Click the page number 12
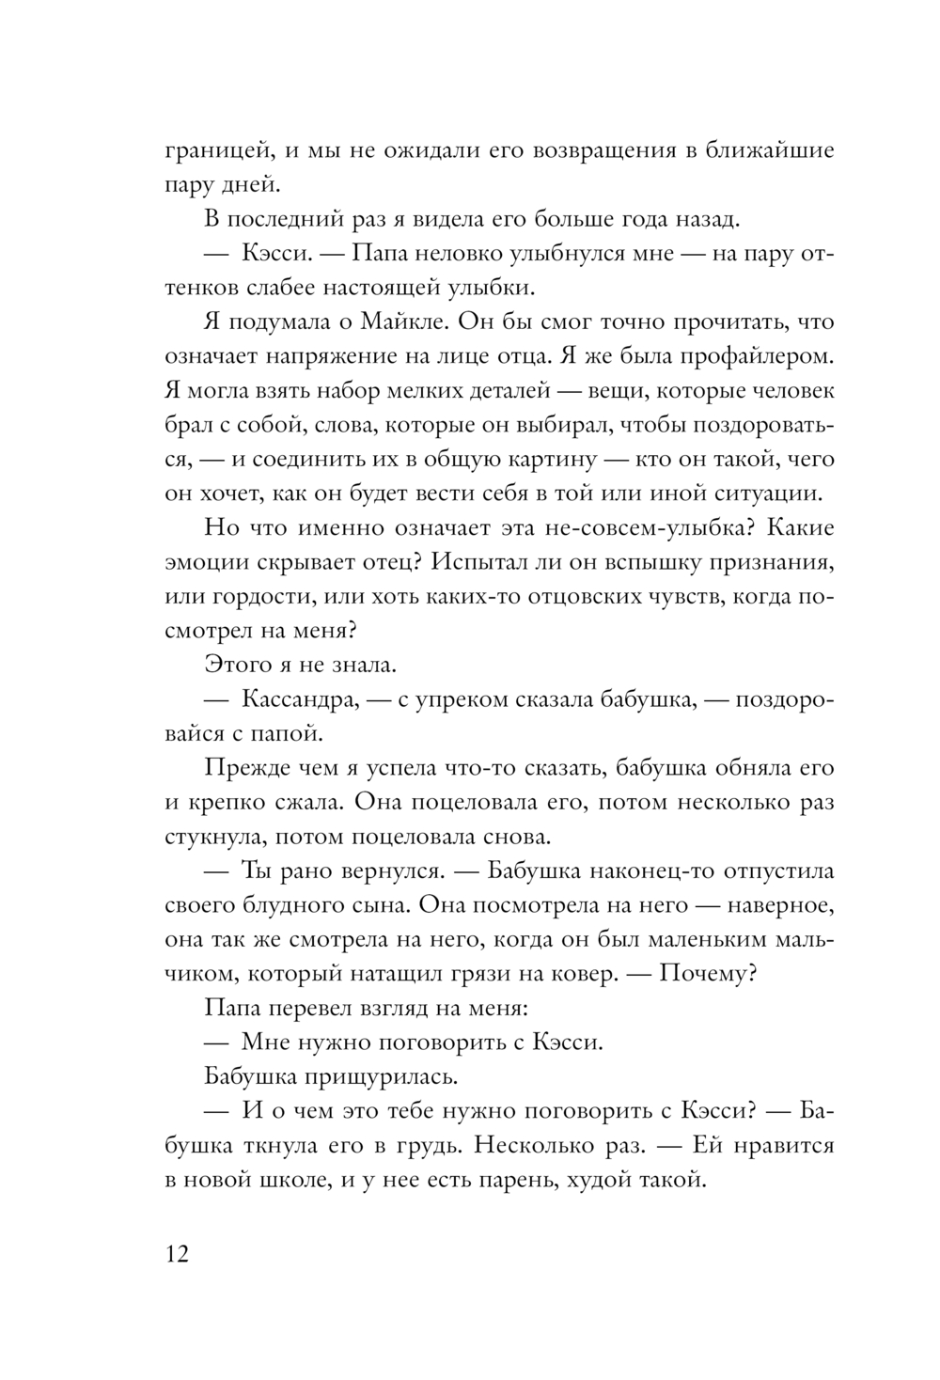pyautogui.click(x=177, y=1255)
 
